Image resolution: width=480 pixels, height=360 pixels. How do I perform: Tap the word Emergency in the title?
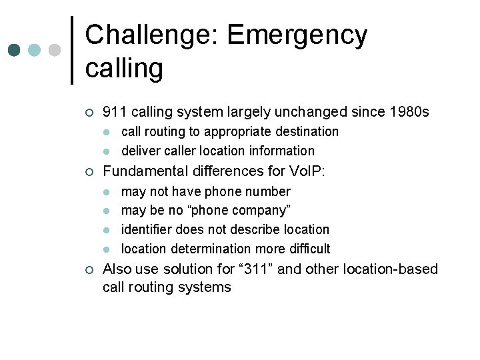[x=297, y=35]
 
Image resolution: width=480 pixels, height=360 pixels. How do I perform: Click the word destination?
[x=304, y=132]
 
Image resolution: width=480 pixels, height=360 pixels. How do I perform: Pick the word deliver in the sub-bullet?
[x=140, y=151]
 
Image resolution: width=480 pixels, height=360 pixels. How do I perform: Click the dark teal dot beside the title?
[x=15, y=50]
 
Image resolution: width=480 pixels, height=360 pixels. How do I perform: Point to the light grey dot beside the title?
[x=55, y=50]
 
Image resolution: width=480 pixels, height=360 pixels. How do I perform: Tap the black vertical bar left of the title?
[x=72, y=50]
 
